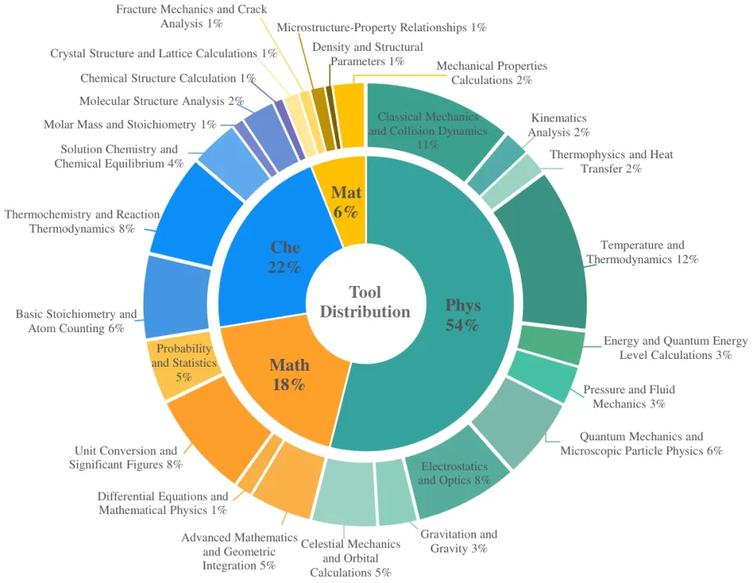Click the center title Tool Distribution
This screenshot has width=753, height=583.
point(365,302)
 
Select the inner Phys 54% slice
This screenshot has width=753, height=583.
point(462,314)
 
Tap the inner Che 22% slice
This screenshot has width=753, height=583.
point(284,257)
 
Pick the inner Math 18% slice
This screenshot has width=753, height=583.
point(289,375)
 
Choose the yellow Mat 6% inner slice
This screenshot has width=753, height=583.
point(346,201)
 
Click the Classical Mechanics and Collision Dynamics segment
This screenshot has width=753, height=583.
point(427,130)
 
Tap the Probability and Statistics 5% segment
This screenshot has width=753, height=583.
point(184,363)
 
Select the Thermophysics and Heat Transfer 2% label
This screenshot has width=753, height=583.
point(611,161)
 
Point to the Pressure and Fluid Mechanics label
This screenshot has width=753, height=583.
point(628,397)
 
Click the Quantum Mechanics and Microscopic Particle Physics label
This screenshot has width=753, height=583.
point(641,444)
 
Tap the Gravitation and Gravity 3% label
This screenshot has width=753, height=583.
point(458,541)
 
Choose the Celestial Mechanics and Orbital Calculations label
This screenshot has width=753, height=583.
point(350,558)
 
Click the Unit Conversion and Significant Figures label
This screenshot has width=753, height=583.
point(125,458)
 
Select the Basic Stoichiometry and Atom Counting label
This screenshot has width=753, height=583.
point(76,321)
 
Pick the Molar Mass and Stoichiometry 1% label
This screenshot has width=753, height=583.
point(130,125)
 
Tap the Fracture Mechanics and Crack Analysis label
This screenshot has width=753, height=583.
point(191,16)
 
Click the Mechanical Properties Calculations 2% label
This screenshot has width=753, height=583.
point(491,73)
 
